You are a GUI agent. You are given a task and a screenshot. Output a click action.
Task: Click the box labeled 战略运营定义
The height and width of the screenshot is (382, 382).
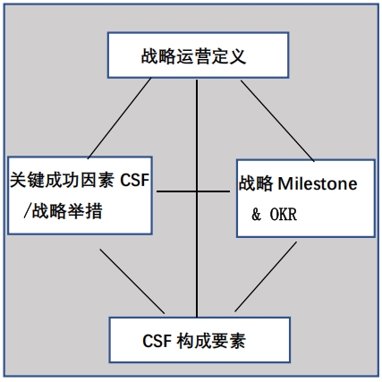click(x=198, y=55)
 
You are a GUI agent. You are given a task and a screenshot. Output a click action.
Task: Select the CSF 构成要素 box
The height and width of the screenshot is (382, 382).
click(x=199, y=340)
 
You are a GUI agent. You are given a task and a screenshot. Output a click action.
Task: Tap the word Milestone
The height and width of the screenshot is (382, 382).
click(x=318, y=183)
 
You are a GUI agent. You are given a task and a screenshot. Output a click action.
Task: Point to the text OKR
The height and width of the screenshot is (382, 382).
click(x=284, y=215)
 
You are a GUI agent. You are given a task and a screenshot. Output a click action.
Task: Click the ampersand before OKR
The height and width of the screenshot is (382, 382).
click(x=256, y=215)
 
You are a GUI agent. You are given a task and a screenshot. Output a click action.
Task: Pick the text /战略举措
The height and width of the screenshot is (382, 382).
click(x=63, y=211)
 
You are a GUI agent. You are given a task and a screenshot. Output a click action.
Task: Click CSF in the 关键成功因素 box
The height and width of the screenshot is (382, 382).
click(x=134, y=180)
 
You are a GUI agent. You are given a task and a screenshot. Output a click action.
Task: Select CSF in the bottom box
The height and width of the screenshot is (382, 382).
click(x=157, y=341)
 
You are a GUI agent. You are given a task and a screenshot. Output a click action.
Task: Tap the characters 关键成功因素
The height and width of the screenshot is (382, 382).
click(x=62, y=180)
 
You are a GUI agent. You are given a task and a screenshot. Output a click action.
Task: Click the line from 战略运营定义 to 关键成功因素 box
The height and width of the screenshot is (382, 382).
click(x=119, y=118)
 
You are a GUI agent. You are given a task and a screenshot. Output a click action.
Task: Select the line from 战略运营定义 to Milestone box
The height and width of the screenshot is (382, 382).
click(x=277, y=121)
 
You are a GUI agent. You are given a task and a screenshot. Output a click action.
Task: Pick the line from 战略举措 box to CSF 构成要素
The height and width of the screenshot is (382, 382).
click(x=132, y=282)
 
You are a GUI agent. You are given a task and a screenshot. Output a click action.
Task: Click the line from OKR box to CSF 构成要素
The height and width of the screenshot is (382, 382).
click(x=266, y=276)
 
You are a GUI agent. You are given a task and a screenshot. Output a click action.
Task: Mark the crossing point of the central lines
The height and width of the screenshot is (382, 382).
click(x=197, y=191)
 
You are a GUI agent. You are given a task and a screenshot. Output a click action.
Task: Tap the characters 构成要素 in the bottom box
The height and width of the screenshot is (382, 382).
click(x=211, y=341)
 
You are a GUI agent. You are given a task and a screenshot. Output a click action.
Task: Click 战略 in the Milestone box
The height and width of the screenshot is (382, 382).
click(x=256, y=183)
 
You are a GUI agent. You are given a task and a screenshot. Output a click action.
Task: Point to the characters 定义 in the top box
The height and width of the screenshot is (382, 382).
click(x=229, y=56)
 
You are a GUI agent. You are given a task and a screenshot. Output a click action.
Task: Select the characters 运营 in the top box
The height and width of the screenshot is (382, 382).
click(x=194, y=56)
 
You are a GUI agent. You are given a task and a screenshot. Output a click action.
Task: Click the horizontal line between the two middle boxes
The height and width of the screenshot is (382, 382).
click(x=193, y=191)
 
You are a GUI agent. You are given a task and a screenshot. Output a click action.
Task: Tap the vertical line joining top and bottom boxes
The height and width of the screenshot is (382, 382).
click(x=197, y=199)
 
